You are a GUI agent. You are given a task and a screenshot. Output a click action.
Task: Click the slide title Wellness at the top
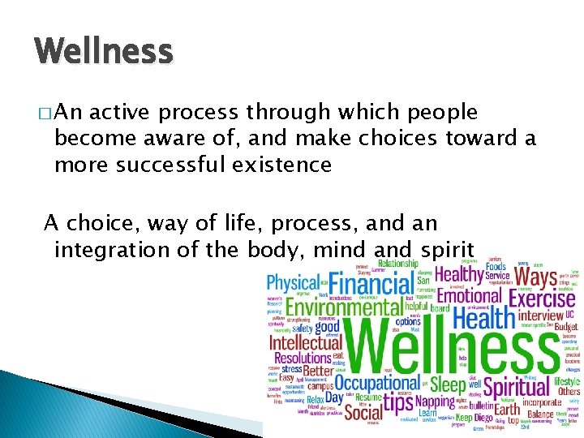coord(104,52)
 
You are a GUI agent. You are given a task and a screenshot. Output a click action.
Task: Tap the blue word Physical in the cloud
coord(294,283)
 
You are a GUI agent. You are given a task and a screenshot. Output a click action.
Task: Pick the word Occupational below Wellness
coord(376,382)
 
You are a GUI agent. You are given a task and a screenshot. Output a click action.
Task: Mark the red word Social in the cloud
coord(363,412)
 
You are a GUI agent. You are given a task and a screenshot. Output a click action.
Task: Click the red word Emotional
coord(470,296)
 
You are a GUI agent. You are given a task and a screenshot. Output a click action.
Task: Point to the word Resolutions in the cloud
coord(303,358)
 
